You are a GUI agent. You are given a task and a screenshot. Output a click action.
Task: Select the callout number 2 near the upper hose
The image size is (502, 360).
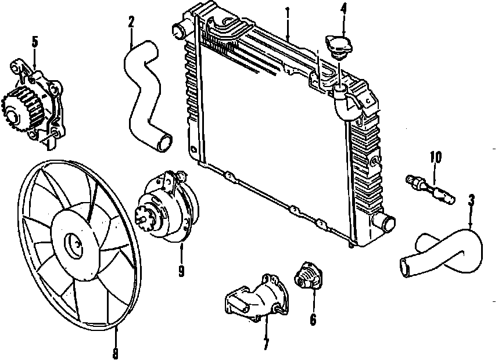click(131, 22)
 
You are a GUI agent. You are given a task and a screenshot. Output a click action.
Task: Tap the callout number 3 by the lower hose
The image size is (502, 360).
click(471, 201)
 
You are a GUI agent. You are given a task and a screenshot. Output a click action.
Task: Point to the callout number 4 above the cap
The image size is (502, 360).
click(343, 10)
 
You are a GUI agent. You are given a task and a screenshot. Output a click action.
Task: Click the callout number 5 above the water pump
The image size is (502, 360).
click(34, 42)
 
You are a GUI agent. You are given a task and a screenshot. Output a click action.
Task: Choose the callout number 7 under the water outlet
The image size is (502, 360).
click(266, 344)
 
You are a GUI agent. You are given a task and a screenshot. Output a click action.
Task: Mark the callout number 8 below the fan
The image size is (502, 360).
click(115, 352)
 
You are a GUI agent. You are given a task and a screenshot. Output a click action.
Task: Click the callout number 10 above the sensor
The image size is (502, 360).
click(436, 157)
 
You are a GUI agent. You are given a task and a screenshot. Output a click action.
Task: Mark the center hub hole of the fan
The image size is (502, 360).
click(74, 246)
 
